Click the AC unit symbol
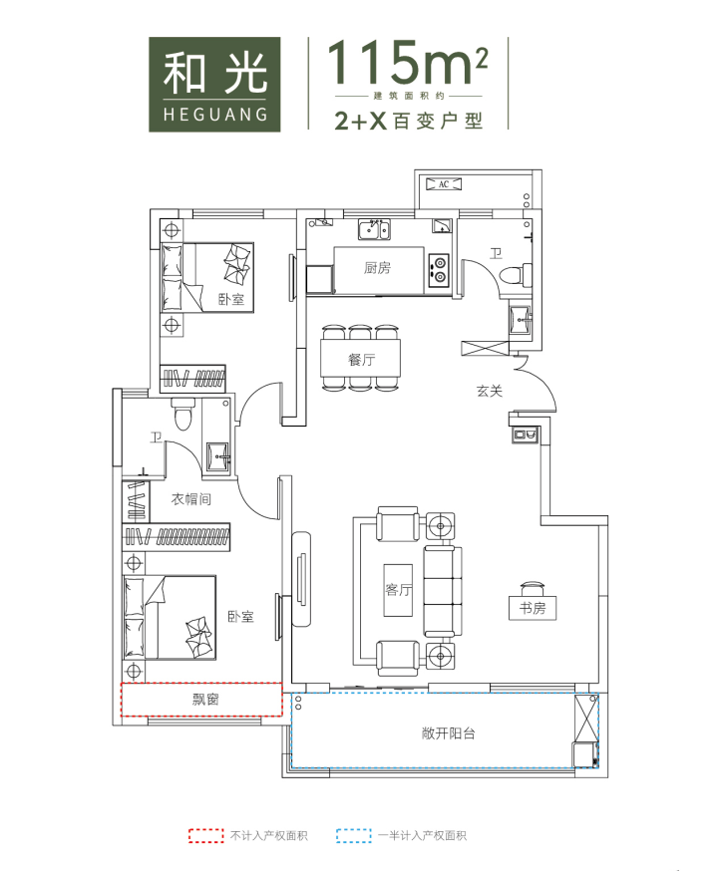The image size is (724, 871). click(443, 183)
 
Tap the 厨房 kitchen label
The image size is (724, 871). click(377, 268)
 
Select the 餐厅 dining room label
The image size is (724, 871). click(361, 360)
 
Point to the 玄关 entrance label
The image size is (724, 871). click(490, 391)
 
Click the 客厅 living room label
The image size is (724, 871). click(398, 589)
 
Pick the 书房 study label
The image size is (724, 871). click(533, 608)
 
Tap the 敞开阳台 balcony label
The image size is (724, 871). click(448, 733)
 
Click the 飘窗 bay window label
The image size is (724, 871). click(205, 700)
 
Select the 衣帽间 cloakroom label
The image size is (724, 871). click(190, 499)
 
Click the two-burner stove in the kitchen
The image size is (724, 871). click(439, 268)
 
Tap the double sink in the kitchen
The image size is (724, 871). click(374, 229)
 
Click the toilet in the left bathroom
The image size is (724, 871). click(182, 415)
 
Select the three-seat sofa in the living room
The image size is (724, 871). click(443, 591)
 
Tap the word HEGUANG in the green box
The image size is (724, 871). click(215, 115)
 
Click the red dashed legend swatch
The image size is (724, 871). click(205, 835)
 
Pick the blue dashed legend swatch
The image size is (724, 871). click(354, 835)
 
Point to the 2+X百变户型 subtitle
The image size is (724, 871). click(408, 121)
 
